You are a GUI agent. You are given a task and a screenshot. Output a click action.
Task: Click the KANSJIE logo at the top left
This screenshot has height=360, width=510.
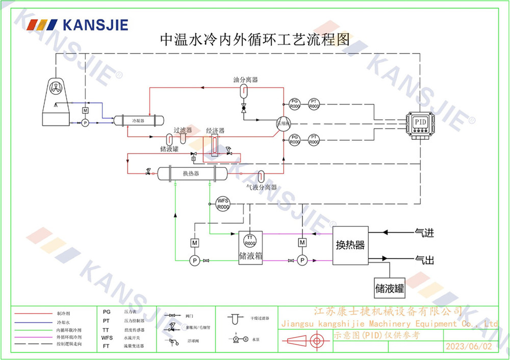77,24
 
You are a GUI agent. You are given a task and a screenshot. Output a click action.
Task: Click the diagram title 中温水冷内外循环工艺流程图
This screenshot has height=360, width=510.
255,40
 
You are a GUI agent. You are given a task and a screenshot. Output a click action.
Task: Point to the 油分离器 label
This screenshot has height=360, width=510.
245,80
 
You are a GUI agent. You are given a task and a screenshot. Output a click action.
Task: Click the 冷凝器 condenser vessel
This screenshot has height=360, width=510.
138,121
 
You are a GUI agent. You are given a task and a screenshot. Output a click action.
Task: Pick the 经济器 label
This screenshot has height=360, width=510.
215,131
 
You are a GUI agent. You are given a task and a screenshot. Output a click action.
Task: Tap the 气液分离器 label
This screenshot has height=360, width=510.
262,187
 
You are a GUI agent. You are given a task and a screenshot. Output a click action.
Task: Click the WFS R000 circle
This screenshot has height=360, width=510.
223,204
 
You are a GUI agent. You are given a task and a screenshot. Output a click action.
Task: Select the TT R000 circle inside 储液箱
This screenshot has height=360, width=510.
250,240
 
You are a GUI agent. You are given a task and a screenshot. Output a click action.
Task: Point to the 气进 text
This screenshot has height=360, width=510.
424,233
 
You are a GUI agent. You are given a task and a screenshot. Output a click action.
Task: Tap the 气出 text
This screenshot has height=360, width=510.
424,260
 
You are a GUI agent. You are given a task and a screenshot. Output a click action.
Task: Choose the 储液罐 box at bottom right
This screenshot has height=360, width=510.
390,288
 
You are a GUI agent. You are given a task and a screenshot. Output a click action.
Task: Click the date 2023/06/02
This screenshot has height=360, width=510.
469,346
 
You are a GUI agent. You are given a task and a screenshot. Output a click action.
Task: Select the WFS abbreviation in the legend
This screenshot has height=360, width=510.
107,338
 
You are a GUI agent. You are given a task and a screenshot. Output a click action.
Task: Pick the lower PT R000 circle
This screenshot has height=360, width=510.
314,140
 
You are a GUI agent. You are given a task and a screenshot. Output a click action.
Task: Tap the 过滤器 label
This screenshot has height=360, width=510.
183,131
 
